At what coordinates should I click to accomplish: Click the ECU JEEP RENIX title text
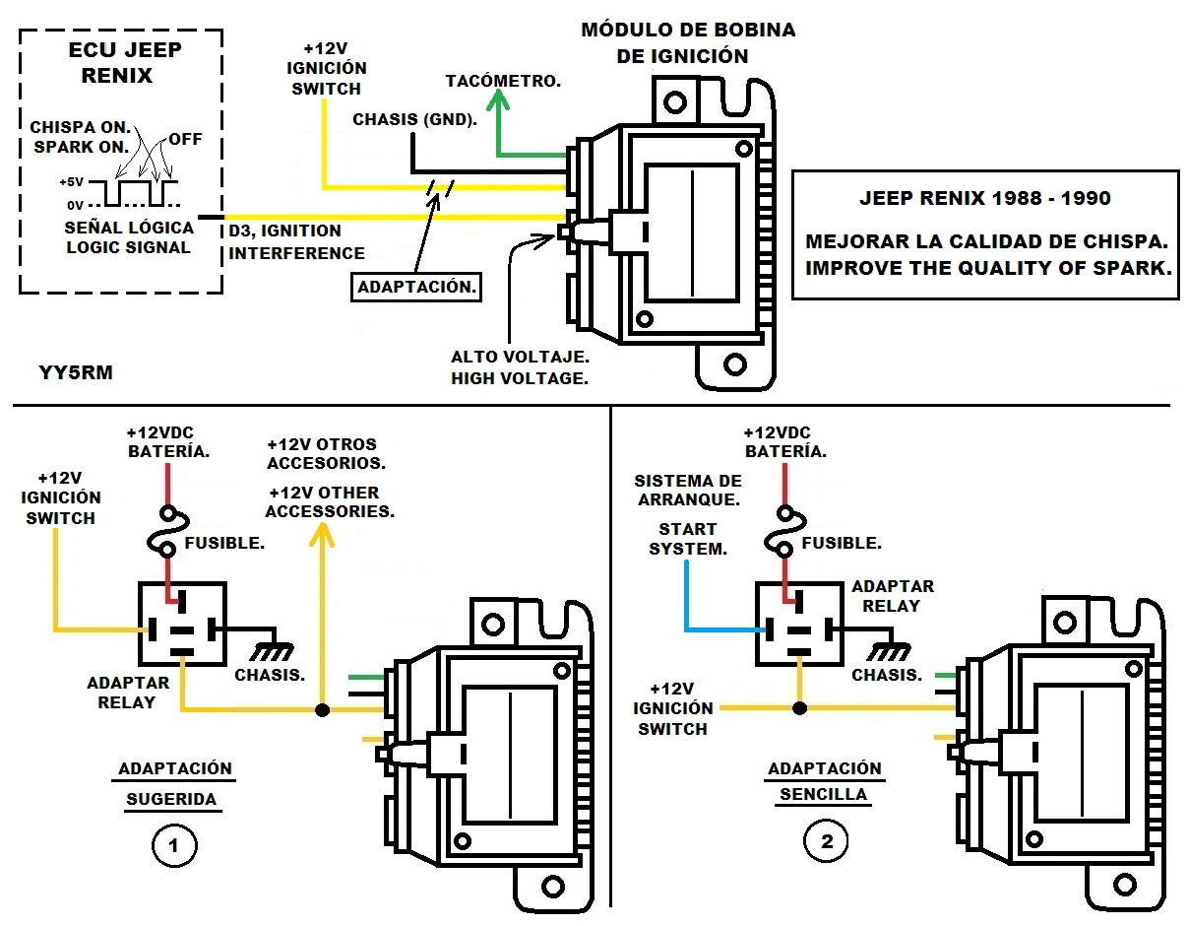tap(111, 63)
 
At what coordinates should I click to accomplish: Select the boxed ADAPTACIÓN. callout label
tap(417, 288)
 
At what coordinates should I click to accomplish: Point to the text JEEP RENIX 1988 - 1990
tap(984, 198)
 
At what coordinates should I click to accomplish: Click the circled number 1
tap(174, 844)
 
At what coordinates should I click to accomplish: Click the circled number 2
tap(826, 841)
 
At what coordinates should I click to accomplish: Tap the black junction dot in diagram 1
tap(321, 709)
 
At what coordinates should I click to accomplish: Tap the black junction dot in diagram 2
tap(799, 707)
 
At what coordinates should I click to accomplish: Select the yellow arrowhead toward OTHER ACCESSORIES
tap(321, 535)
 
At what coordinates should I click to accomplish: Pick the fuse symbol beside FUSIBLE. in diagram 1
tap(168, 532)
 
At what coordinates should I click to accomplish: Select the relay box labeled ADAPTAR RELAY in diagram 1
tap(182, 624)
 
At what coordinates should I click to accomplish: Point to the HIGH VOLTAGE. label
tap(519, 377)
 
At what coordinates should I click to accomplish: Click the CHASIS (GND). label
tap(415, 120)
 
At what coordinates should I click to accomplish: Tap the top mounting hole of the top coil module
tap(673, 100)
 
